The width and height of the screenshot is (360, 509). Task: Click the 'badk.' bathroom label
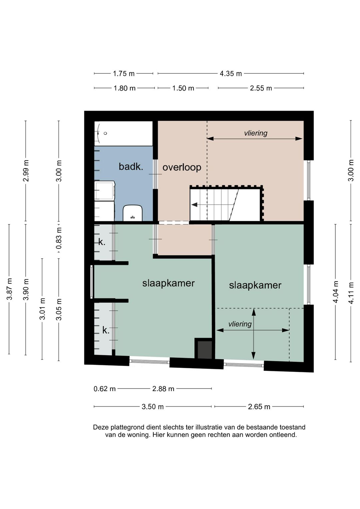click(131, 167)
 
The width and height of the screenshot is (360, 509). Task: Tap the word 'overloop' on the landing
click(182, 167)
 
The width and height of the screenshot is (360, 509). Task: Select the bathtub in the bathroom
click(124, 133)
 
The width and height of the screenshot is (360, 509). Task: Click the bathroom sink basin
click(133, 213)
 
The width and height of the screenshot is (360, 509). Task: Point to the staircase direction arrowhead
click(194, 205)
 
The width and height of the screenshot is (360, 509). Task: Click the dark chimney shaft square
click(205, 350)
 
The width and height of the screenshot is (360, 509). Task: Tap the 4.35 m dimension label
click(231, 74)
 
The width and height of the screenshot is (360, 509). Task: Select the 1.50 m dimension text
click(183, 88)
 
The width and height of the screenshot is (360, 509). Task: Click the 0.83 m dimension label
click(59, 241)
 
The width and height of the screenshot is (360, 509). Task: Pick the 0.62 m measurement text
click(104, 389)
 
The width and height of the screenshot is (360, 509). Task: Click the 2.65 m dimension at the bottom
click(259, 407)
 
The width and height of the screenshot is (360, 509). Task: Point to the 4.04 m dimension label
click(336, 292)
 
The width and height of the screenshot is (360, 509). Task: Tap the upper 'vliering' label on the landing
click(256, 133)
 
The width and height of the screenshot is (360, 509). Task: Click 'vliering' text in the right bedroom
click(240, 324)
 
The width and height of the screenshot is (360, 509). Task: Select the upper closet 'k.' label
click(102, 242)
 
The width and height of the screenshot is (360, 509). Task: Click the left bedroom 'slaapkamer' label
click(168, 284)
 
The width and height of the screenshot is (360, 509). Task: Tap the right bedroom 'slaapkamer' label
click(255, 285)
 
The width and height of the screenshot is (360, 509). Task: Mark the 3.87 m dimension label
click(10, 289)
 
